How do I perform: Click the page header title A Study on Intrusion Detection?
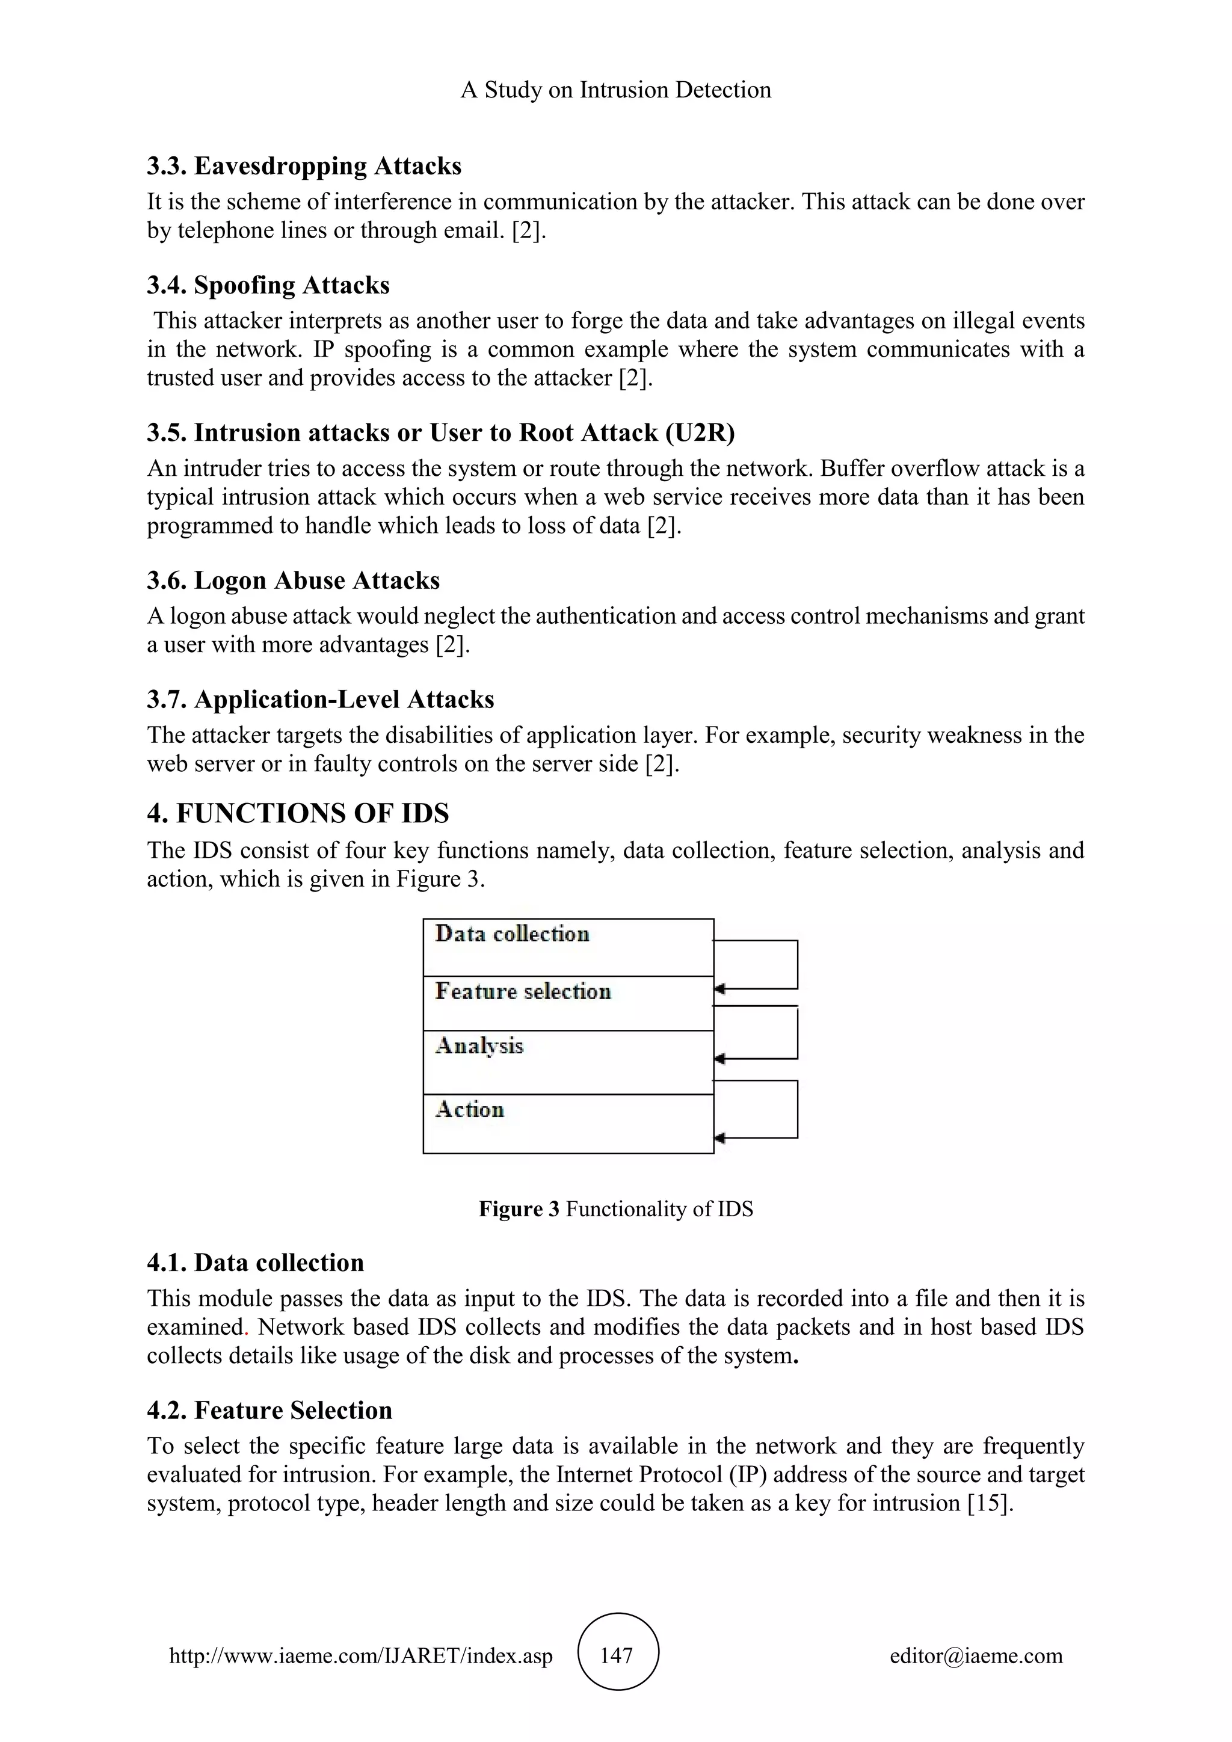tap(615, 90)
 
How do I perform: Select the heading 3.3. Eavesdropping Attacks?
tap(303, 165)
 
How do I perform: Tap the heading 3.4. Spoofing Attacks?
tap(268, 285)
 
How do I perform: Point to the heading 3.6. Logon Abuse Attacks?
tap(293, 580)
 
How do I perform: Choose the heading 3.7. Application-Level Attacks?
tap(320, 699)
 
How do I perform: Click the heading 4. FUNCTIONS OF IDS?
tap(297, 813)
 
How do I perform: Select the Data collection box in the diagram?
tap(567, 947)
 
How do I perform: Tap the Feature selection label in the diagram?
tap(523, 992)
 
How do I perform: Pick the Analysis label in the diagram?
tap(479, 1046)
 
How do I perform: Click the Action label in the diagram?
tap(470, 1110)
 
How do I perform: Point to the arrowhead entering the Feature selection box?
tap(719, 989)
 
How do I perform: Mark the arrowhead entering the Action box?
tap(719, 1138)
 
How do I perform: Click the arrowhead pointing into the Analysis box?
tap(719, 1059)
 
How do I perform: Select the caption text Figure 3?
tap(519, 1208)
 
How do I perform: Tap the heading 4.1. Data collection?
tap(255, 1263)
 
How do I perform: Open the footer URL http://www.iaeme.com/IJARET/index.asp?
tap(360, 1655)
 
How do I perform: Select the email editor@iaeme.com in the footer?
tap(976, 1655)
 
